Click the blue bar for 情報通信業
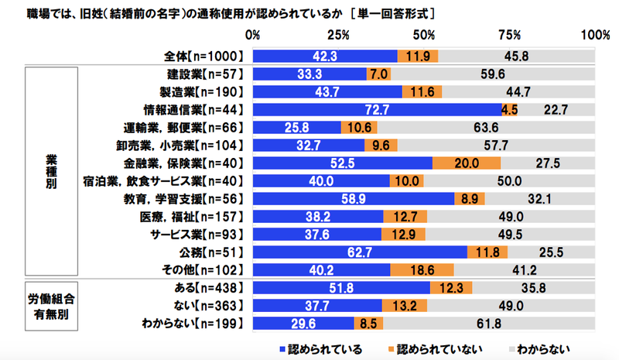[377, 109]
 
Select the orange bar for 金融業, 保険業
[467, 163]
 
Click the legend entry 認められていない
[433, 348]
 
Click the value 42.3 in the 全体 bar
[324, 57]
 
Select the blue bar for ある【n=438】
[341, 288]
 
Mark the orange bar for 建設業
[378, 74]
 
